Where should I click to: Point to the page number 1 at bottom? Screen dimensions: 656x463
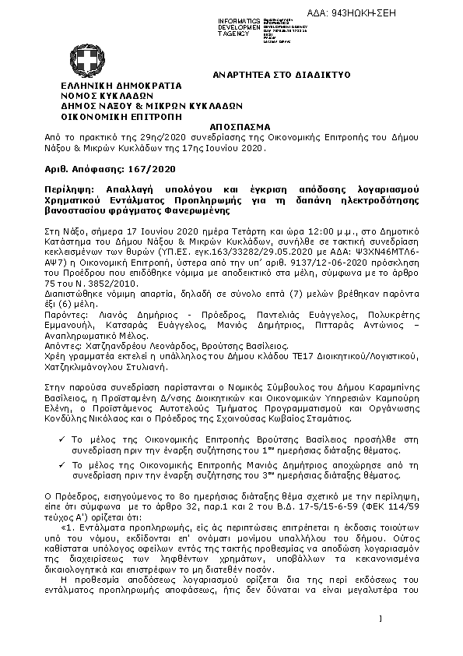(x=382, y=619)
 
